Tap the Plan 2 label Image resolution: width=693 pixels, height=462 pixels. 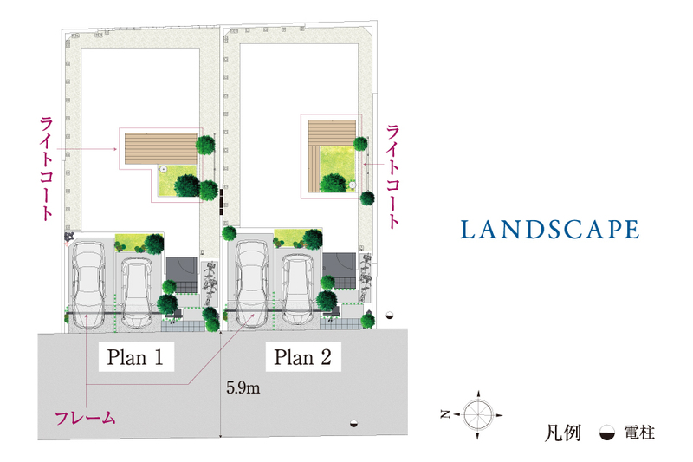coord(302,356)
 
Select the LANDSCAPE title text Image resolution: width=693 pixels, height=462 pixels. coord(549,230)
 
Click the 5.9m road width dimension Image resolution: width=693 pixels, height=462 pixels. coord(243,388)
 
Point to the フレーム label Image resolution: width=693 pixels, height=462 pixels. coord(85,419)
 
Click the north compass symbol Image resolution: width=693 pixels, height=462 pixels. coord(477,414)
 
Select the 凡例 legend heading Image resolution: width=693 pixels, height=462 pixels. coord(564,432)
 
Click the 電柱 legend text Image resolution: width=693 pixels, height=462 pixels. coord(638,432)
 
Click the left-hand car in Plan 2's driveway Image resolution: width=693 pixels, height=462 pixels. coord(252,283)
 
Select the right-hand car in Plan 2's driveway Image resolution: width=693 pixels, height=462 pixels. coord(298,289)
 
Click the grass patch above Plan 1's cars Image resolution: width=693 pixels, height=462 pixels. coord(132,240)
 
